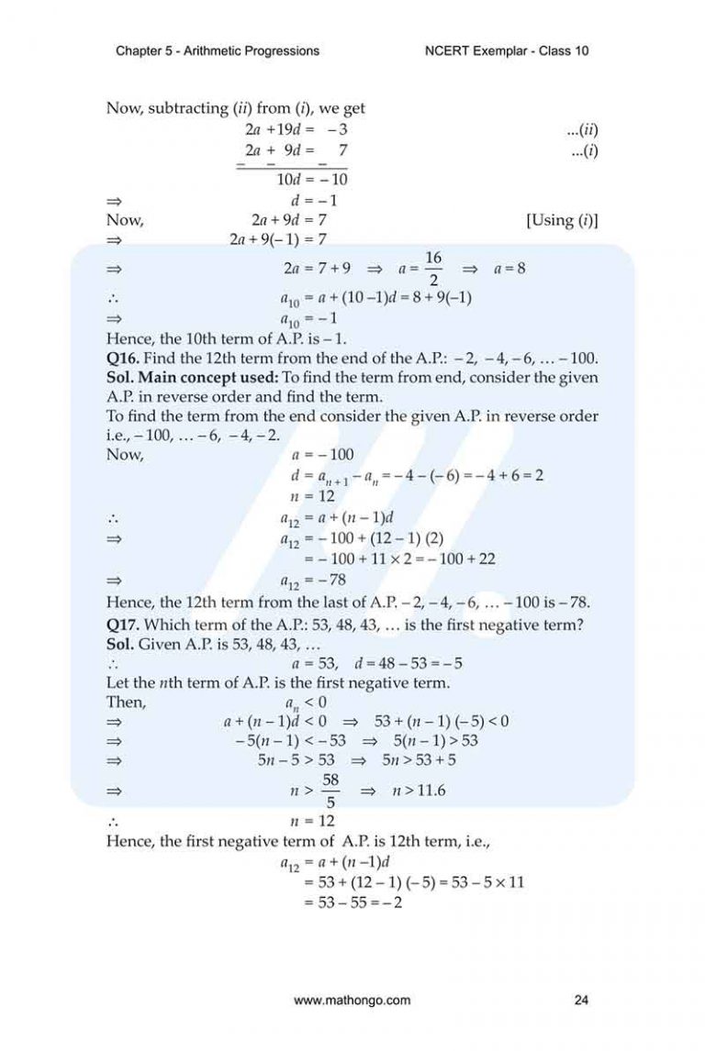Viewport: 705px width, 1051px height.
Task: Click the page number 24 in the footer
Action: point(580,1001)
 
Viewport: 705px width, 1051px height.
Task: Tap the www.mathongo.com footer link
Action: point(352,1001)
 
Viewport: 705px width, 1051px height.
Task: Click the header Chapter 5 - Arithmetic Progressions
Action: point(218,51)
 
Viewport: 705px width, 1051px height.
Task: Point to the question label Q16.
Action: point(125,357)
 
